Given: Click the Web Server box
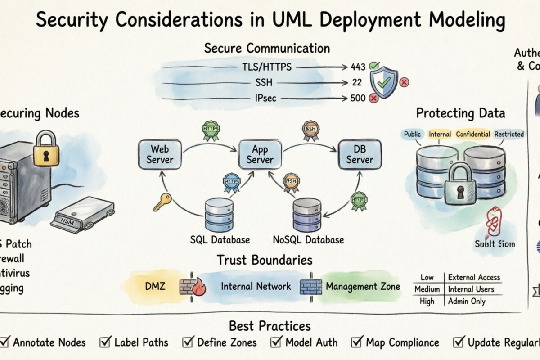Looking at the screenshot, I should pyautogui.click(x=160, y=154).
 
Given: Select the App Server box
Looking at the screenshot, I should pyautogui.click(x=260, y=154).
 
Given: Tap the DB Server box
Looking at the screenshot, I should pyautogui.click(x=360, y=154).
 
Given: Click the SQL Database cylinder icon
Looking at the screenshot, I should pyautogui.click(x=219, y=215).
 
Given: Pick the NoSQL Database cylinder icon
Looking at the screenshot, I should pyautogui.click(x=307, y=215).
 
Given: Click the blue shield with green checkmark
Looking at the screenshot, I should pyautogui.click(x=383, y=82).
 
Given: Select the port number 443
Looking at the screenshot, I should pyautogui.click(x=358, y=67).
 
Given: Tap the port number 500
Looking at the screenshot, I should pyautogui.click(x=358, y=98).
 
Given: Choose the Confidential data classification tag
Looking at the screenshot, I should pyautogui.click(x=472, y=134).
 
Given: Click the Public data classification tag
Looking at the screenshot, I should pyautogui.click(x=412, y=134).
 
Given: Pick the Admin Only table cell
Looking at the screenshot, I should pyautogui.click(x=466, y=301).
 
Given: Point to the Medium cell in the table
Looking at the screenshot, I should pyautogui.click(x=427, y=289).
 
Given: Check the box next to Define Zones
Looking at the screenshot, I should pyautogui.click(x=188, y=342).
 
